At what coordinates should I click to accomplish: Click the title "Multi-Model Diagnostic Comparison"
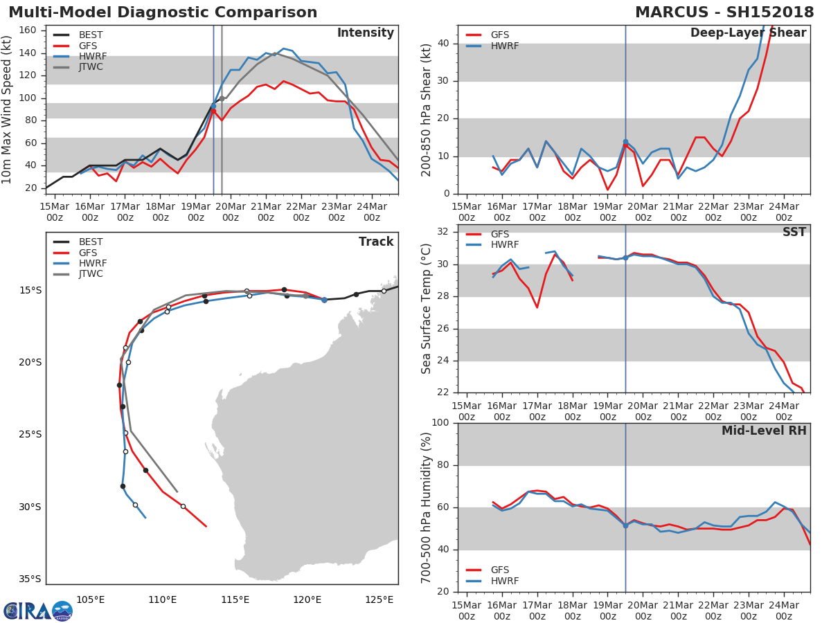(x=163, y=12)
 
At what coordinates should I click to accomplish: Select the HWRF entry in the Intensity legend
(x=93, y=56)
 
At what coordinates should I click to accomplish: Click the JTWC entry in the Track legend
(x=91, y=274)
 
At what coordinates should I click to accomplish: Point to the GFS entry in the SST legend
(x=499, y=234)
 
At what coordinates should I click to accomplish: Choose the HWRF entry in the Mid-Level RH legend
(x=504, y=581)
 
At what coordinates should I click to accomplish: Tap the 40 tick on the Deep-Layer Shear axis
(x=444, y=44)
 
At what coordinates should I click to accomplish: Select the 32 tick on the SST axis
(x=444, y=232)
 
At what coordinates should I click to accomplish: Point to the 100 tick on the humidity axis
(x=440, y=423)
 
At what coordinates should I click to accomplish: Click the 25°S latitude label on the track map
(x=30, y=435)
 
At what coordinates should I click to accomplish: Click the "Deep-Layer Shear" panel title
(x=748, y=33)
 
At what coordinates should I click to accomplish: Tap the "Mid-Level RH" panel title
(x=763, y=431)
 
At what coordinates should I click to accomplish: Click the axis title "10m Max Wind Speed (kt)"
(x=8, y=109)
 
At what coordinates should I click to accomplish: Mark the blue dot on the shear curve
(x=625, y=142)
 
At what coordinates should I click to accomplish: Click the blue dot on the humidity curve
(x=625, y=525)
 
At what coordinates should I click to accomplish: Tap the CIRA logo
(x=38, y=611)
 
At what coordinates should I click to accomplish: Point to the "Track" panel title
(x=375, y=242)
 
